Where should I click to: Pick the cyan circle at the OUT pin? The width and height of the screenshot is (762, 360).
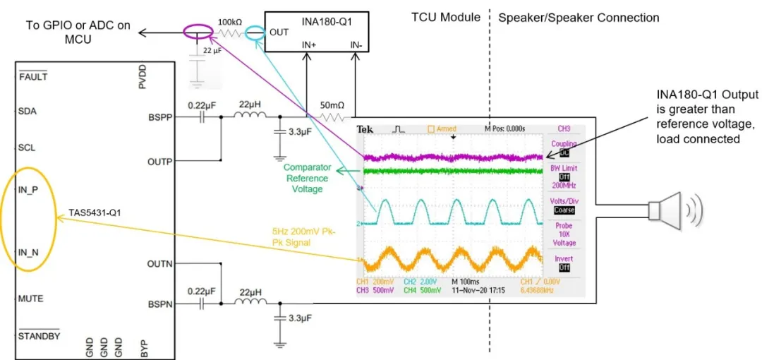pyautogui.click(x=257, y=32)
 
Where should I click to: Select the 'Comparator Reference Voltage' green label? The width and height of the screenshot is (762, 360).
pyautogui.click(x=308, y=179)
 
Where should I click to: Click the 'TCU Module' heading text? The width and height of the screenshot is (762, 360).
pyautogui.click(x=446, y=18)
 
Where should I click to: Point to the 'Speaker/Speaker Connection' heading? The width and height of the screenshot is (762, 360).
pyautogui.click(x=579, y=18)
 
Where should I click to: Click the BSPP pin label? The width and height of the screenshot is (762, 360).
pyautogui.click(x=159, y=118)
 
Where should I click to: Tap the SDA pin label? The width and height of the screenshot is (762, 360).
pyautogui.click(x=28, y=111)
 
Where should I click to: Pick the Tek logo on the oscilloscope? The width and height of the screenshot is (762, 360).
pyautogui.click(x=365, y=129)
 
